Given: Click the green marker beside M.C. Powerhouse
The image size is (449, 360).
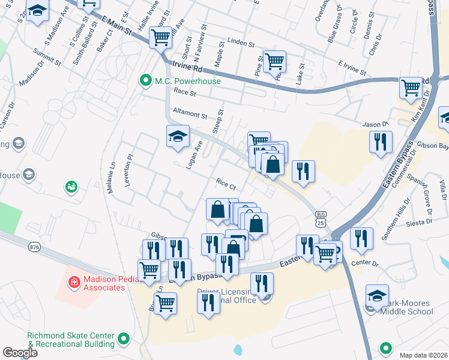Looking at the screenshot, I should click(x=145, y=81).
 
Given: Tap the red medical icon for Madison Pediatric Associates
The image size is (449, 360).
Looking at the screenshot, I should click(x=74, y=281).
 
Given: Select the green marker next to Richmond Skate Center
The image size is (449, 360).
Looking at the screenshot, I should click(x=124, y=340).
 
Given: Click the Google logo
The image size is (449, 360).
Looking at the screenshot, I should click(x=20, y=353).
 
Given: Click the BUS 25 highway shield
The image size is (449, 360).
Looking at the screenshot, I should click(x=321, y=219).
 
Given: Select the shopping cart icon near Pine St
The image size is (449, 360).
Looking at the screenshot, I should click(x=274, y=60).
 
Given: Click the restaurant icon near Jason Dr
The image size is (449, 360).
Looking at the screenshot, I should click(x=381, y=142).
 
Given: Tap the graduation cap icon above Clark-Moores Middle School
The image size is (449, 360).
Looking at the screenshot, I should click(x=378, y=295).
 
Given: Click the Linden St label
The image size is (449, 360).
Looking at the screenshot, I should click(x=241, y=44).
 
